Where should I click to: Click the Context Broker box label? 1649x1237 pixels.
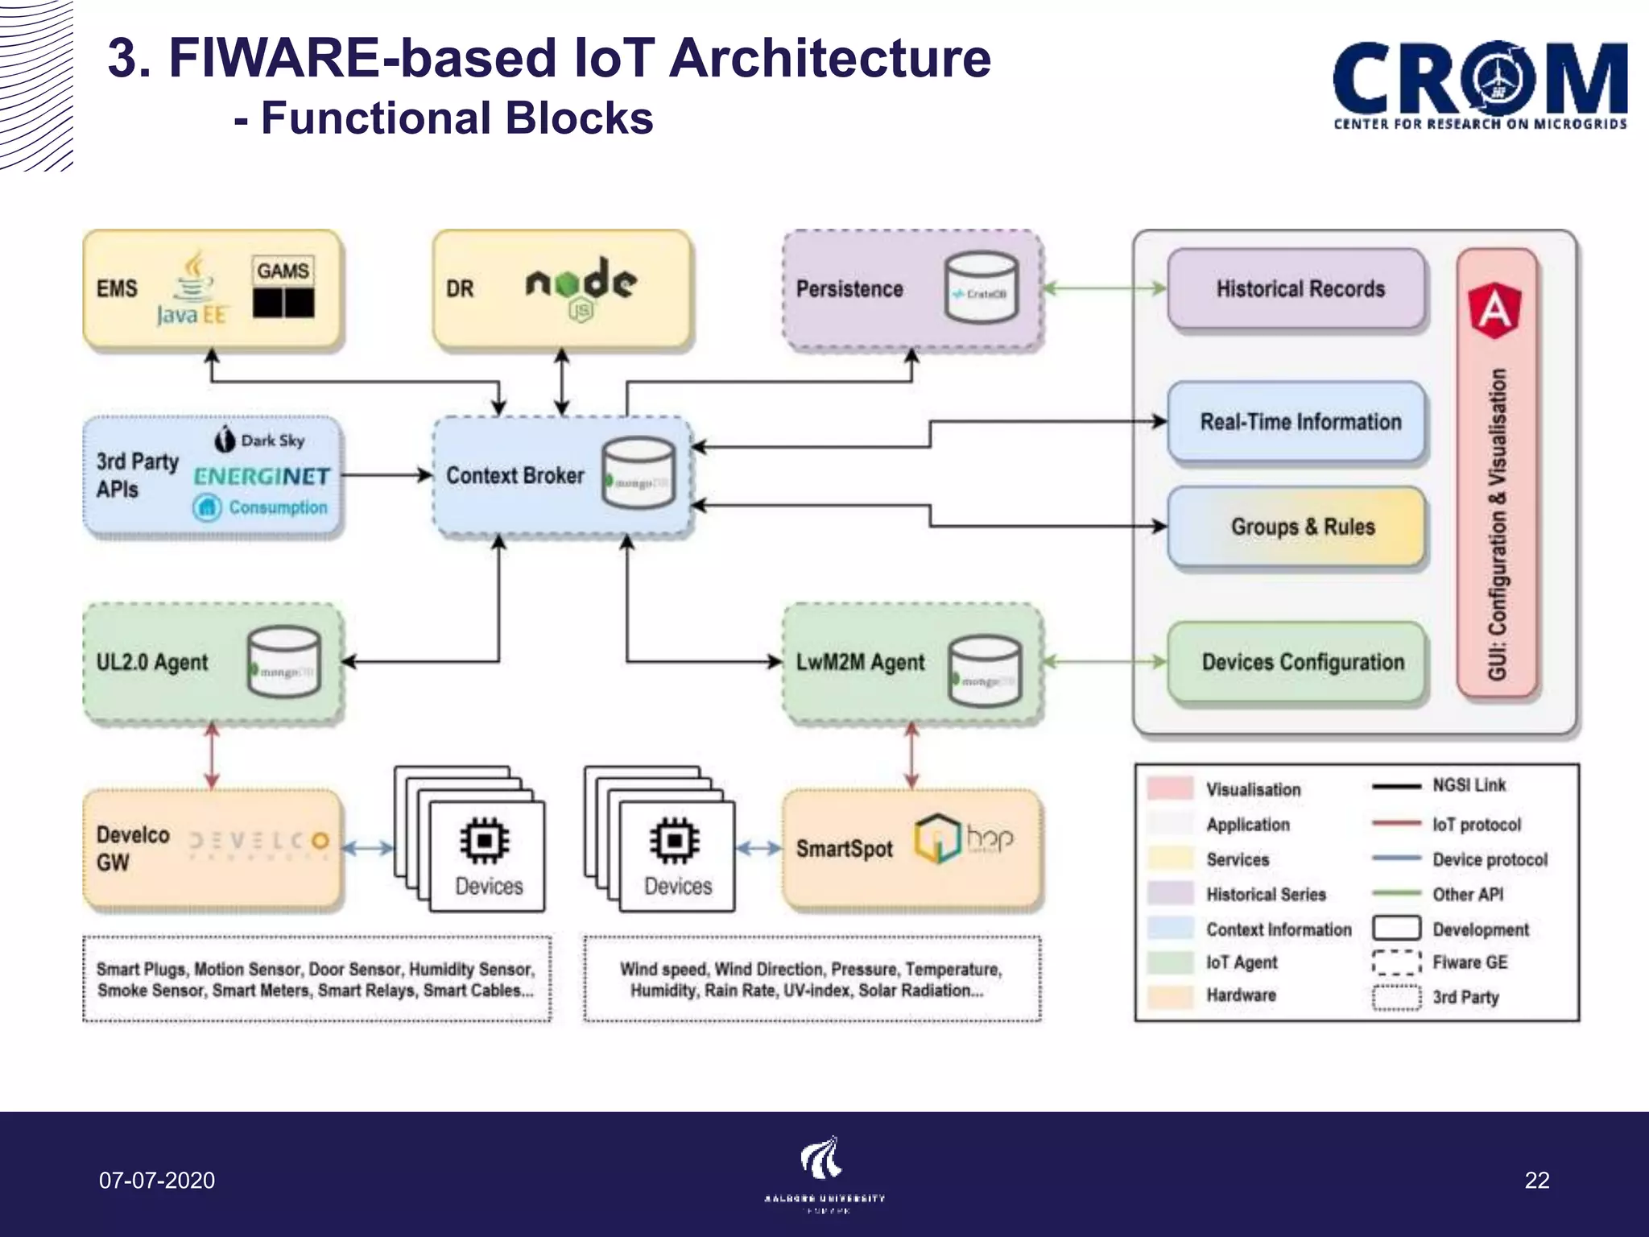pyautogui.click(x=515, y=475)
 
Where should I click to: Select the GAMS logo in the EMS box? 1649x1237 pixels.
pyautogui.click(x=283, y=288)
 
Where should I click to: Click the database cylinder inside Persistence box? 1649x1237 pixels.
pyautogui.click(x=981, y=288)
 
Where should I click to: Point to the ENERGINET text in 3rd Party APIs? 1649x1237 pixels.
pyautogui.click(x=262, y=476)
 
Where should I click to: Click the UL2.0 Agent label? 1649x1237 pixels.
pyautogui.click(x=151, y=662)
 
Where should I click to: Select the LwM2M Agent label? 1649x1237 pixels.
pyautogui.click(x=859, y=662)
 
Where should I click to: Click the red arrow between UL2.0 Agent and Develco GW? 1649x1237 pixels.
pyautogui.click(x=212, y=755)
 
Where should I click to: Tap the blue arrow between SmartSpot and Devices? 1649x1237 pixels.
pyautogui.click(x=758, y=848)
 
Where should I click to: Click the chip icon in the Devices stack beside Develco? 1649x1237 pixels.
pyautogui.click(x=485, y=840)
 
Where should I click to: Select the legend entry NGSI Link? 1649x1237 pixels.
pyautogui.click(x=1468, y=785)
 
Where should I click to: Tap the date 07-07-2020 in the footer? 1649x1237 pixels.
pyautogui.click(x=157, y=1181)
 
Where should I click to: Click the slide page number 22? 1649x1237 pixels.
pyautogui.click(x=1536, y=1181)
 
